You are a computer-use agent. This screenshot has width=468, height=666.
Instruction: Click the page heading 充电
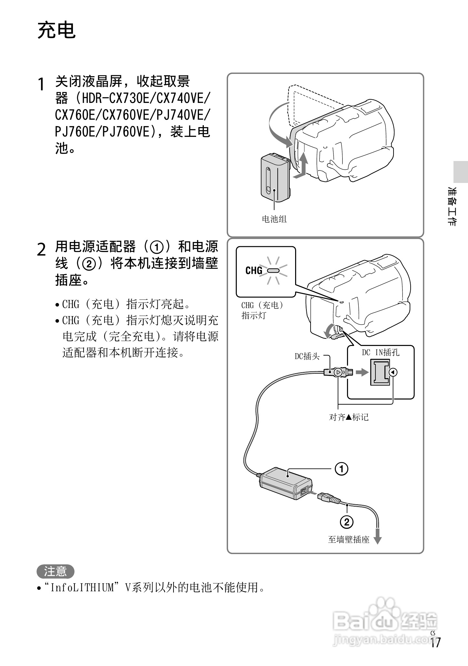coord(56,31)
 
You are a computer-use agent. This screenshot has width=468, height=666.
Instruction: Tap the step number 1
coord(41,85)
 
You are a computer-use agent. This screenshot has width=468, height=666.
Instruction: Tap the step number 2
coord(41,249)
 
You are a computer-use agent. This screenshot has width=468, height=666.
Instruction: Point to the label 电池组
coord(274,219)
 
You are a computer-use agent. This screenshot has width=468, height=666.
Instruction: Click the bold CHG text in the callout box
coord(254,270)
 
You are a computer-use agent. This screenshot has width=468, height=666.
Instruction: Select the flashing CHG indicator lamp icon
coord(273,270)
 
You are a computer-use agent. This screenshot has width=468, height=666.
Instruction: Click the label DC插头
coord(307,356)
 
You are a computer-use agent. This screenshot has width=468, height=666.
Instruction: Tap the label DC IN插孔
coord(381,353)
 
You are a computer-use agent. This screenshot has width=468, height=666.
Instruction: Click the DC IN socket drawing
coord(380,373)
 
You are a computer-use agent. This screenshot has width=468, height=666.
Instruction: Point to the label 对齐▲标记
coord(349,417)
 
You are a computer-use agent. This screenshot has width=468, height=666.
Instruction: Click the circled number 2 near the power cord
coord(347,522)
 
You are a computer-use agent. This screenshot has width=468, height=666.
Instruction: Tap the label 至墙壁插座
coord(348,540)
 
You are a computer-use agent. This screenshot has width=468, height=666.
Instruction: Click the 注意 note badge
coord(55,571)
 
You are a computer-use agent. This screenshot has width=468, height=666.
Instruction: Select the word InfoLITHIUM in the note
coord(82,588)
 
